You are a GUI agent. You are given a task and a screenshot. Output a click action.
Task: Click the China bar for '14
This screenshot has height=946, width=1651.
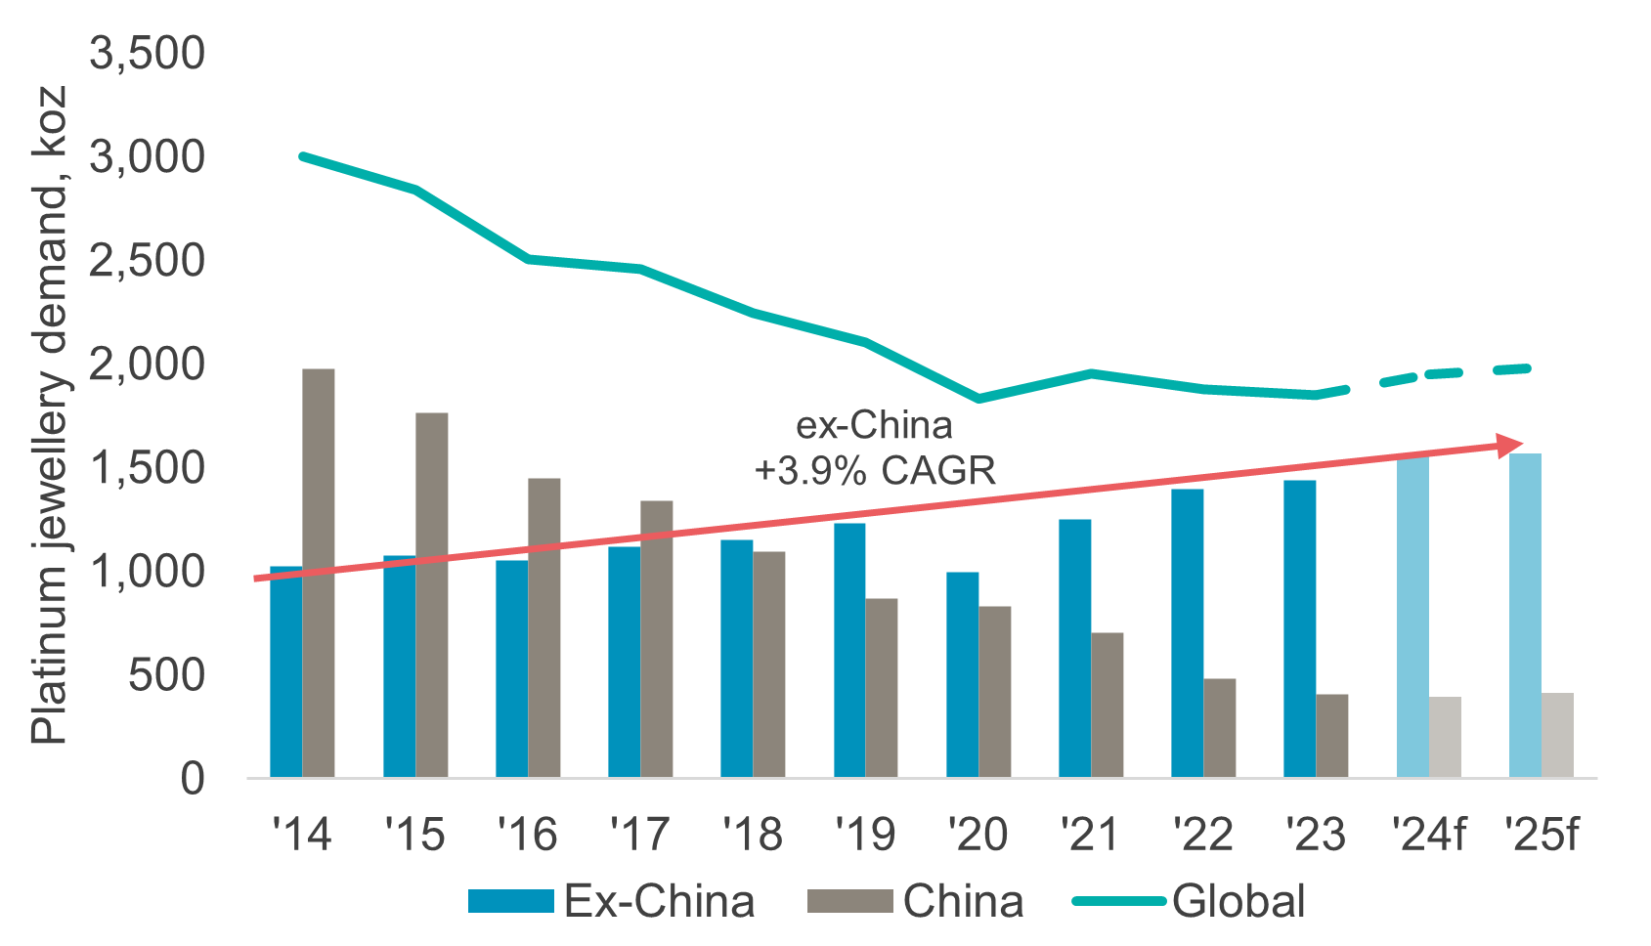319,573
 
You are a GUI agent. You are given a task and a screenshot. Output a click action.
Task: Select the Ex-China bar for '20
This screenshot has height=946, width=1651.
963,674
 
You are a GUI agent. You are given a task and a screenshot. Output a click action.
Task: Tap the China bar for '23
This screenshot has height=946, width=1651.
1332,736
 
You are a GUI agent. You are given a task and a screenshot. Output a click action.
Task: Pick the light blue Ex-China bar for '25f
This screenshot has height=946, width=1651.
1525,616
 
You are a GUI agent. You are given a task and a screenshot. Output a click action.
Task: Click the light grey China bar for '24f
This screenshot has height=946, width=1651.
1445,737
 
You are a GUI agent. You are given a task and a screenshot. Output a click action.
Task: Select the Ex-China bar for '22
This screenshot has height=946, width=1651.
1188,633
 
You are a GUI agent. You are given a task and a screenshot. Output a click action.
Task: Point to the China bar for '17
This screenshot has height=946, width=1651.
657,639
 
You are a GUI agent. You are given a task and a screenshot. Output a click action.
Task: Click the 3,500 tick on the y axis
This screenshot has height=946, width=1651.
148,53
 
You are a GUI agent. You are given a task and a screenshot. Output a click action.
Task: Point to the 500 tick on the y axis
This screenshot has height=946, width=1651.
166,675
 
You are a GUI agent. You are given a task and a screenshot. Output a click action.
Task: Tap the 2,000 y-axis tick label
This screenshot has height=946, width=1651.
148,365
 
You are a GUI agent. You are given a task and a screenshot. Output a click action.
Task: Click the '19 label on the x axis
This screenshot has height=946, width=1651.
865,835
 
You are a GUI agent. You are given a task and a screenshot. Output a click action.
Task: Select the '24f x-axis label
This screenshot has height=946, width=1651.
1429,835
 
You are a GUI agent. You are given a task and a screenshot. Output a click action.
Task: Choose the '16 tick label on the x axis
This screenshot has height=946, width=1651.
528,835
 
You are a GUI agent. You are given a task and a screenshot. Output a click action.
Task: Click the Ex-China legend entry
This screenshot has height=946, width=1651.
611,901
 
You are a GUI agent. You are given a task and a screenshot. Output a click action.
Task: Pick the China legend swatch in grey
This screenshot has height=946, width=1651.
849,901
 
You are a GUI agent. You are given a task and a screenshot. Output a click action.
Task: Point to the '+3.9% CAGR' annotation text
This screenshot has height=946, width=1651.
875,470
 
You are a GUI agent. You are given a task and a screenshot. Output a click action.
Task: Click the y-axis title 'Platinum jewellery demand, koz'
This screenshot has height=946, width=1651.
49,415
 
